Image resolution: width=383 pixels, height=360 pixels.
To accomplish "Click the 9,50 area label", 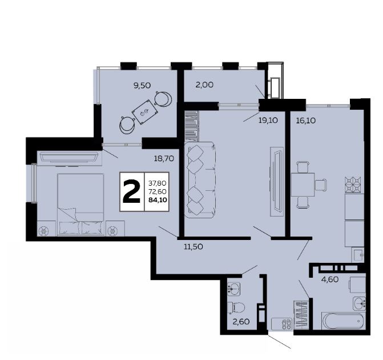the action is tap(142, 86).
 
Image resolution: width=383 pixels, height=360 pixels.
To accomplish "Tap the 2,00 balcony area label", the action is tap(204, 85).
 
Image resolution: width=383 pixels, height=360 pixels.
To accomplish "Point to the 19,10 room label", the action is tap(268, 121).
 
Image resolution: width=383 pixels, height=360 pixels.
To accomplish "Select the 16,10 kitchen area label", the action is tap(306, 121).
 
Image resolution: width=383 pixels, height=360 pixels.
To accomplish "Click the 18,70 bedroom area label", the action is tap(164, 159).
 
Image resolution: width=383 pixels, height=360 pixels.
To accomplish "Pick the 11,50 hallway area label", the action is tap(193, 246).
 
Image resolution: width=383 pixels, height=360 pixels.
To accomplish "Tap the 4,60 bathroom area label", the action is tap(330, 279).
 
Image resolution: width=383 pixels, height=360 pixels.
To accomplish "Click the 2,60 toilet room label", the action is tap(241, 322).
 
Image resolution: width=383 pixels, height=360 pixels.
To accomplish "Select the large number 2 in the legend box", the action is tap(132, 192).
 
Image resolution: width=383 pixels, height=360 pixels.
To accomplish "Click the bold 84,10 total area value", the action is tap(158, 200).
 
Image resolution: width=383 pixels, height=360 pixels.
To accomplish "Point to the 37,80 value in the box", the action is tap(158, 183).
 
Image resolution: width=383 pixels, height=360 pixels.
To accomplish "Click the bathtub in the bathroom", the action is tap(344, 321).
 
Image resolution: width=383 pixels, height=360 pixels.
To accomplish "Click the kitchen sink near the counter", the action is tap(358, 255).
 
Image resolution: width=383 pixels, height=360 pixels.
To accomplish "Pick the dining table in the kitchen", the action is tap(303, 185).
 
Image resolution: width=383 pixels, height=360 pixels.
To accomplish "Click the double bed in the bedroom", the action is tap(80, 205).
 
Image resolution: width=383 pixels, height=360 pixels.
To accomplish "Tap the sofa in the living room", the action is tap(200, 180).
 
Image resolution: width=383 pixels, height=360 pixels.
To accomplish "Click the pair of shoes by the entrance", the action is tap(287, 323).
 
